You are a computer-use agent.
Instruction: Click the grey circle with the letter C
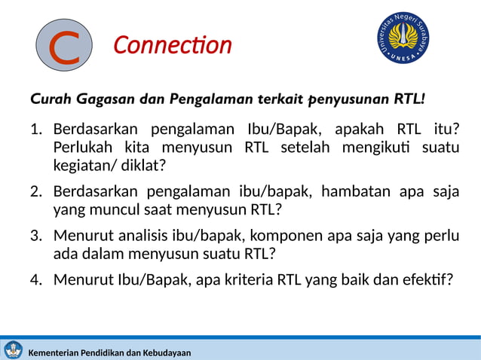click(x=66, y=45)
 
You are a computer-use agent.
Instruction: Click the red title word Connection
click(x=172, y=45)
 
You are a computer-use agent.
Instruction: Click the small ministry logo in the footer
click(x=13, y=349)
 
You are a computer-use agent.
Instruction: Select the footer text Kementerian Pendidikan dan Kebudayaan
click(x=109, y=352)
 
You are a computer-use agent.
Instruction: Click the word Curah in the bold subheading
click(x=49, y=99)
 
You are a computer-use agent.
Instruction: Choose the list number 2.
click(x=35, y=191)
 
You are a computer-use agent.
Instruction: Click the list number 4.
click(x=35, y=280)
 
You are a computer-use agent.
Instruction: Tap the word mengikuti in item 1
click(x=372, y=147)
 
